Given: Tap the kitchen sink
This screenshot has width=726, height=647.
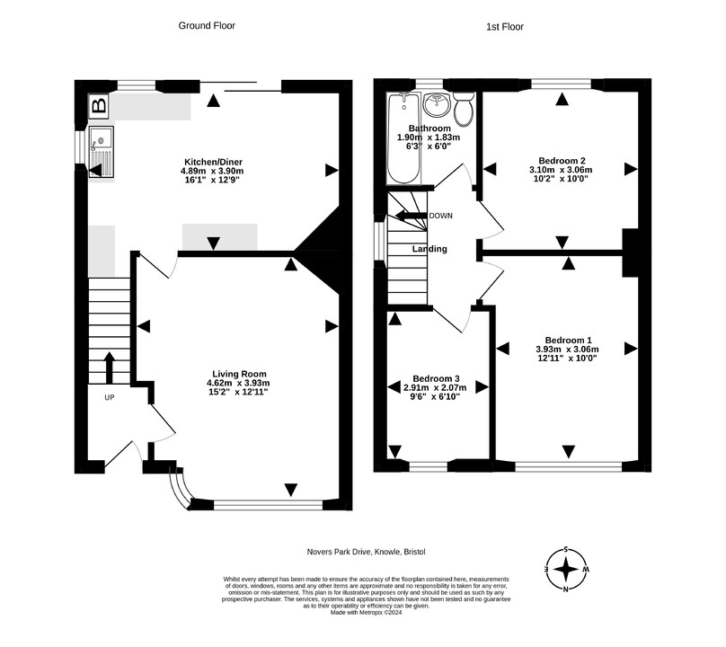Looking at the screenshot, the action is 102,152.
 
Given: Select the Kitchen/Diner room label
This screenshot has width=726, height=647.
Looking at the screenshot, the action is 213,162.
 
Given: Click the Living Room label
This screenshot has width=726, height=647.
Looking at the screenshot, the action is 239,374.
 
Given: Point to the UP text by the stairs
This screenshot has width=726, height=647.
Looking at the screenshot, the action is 110,397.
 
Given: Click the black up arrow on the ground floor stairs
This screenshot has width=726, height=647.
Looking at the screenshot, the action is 110,368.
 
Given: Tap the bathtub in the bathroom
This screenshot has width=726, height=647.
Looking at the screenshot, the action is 403,138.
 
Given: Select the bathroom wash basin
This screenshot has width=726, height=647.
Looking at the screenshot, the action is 437,104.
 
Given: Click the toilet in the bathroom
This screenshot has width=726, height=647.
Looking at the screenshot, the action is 464,109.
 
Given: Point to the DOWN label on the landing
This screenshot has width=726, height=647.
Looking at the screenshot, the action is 441,216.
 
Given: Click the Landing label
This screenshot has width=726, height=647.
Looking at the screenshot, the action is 429,249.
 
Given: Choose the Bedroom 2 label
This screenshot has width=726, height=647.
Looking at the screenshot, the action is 562,161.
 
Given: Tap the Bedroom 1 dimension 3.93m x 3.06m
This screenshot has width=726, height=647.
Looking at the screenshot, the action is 567,350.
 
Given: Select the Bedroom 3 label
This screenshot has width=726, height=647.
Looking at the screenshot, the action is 436,379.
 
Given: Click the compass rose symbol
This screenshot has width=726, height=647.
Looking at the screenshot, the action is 566,570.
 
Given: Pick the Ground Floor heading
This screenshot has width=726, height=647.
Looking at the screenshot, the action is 207,26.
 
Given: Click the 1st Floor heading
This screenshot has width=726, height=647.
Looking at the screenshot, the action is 505,27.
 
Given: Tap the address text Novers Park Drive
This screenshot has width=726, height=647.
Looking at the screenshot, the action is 340,552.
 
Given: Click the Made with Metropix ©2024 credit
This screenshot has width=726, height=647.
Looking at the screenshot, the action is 366,612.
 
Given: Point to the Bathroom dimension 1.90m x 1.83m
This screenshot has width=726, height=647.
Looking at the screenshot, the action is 429,137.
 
